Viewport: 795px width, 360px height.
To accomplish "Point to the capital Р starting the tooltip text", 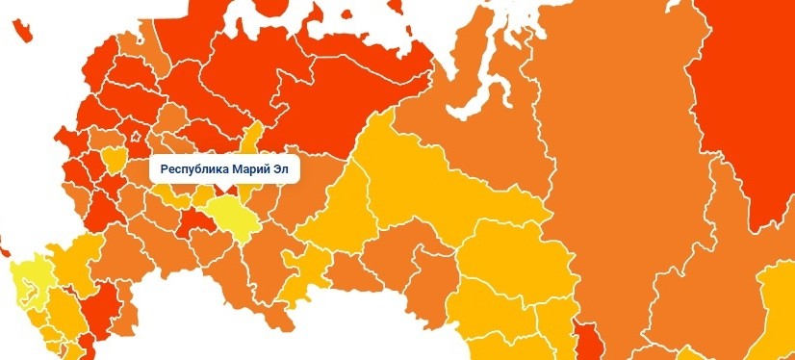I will [165, 170].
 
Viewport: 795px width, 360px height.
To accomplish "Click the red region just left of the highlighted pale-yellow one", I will [199, 224].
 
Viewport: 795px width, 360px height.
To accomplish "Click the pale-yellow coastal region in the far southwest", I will [25, 279].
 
